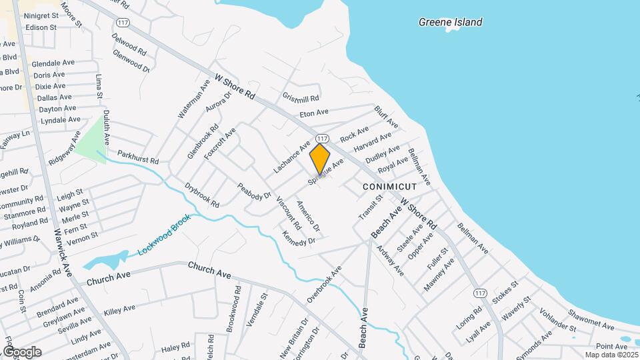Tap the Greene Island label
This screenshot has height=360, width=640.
click(450, 22)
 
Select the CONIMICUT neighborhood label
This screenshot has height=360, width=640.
click(389, 187)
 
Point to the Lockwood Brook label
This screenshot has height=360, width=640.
click(164, 235)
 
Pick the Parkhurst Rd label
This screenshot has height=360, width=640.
click(138, 157)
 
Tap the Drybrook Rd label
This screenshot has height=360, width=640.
click(201, 195)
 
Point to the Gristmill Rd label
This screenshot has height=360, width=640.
click(301, 97)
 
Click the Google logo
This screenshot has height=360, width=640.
click(21, 351)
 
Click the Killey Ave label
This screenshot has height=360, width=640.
click(119, 309)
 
